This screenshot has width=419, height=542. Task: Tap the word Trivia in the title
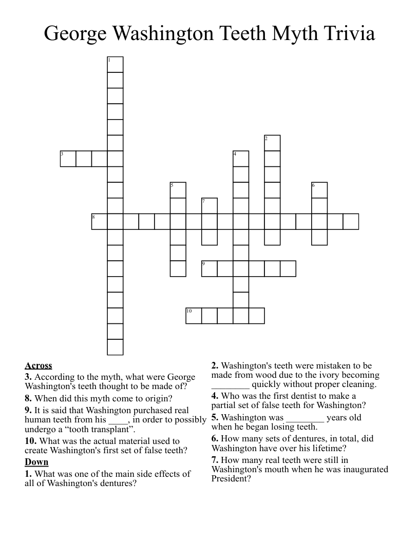tap(350, 34)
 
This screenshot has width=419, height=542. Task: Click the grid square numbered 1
tap(115, 65)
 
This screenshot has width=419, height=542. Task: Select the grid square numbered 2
tap(272, 143)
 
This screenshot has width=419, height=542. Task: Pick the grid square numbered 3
tap(68, 159)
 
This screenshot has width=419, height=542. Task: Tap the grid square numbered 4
tap(241, 159)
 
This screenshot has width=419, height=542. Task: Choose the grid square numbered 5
tap(178, 190)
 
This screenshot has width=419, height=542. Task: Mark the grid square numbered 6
tap(319, 190)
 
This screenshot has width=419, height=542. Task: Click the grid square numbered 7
tap(209, 206)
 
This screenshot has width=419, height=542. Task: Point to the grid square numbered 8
tap(100, 222)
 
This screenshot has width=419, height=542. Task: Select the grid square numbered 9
tap(209, 268)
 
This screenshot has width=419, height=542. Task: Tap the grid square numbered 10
tap(194, 316)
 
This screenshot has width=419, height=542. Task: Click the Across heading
tap(39, 366)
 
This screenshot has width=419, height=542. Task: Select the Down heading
tap(36, 462)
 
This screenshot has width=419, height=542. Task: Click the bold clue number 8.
tap(28, 398)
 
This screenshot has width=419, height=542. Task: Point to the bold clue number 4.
tap(215, 396)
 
